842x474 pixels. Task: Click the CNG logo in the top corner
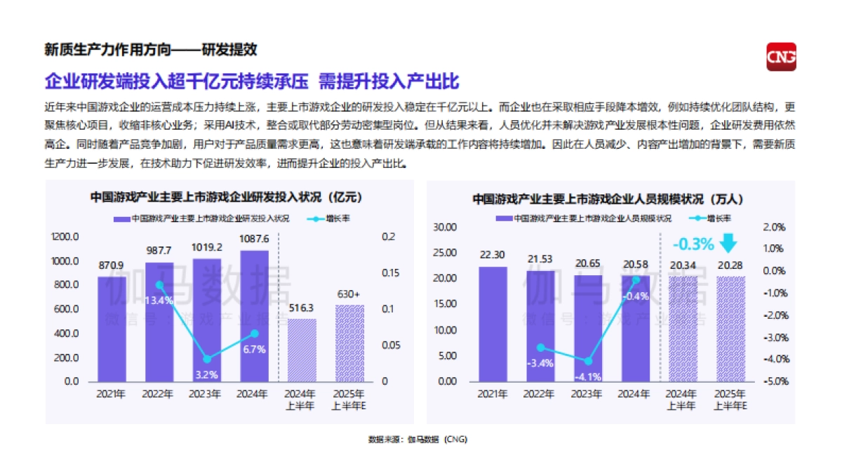[781, 57]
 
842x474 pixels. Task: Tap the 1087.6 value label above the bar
[254, 239]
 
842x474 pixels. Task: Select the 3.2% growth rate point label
[206, 374]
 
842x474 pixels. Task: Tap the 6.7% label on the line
[254, 349]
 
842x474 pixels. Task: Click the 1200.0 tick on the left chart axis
[66, 237]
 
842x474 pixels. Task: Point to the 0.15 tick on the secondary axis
[389, 273]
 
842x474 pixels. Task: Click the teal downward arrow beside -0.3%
[729, 243]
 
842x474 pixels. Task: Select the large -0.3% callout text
[693, 244]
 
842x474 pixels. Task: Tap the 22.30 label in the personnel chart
[493, 255]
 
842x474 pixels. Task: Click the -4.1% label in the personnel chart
[588, 376]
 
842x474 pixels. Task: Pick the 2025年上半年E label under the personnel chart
[730, 400]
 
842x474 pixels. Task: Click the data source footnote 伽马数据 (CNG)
[417, 440]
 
